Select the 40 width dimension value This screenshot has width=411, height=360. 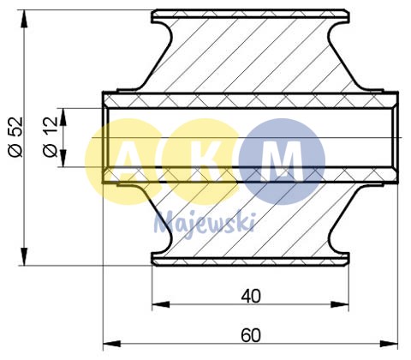250,297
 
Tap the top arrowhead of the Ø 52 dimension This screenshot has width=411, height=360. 25,16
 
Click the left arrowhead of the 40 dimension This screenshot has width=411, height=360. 158,306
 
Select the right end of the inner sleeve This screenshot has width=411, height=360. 396,137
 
